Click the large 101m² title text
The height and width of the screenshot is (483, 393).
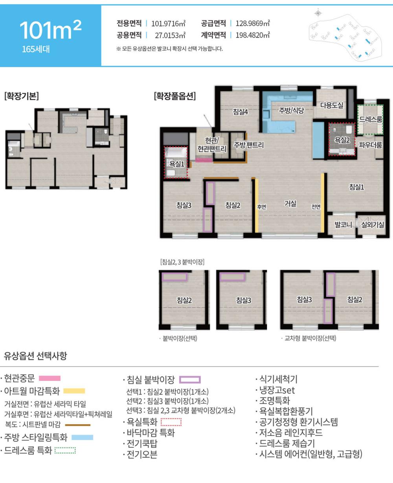coord(50,30)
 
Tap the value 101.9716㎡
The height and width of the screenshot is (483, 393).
coord(168,23)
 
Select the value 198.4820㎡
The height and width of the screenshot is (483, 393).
coord(253,35)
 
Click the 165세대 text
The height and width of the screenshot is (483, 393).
coord(36,49)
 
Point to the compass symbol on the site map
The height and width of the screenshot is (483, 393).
coord(318,13)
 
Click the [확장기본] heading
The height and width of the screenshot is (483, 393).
coord(22,96)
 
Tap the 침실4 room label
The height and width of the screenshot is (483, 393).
coord(240,112)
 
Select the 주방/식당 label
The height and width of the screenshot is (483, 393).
coord(291,110)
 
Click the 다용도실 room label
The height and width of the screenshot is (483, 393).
coord(332,105)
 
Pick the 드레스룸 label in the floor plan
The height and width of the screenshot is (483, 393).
coord(371,119)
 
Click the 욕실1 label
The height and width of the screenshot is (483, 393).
coord(176,164)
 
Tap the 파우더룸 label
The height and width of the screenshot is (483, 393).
coord(370,145)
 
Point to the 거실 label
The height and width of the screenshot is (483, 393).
coord(290,203)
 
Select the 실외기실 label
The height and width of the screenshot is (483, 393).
coord(373,225)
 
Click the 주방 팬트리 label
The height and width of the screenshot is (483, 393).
coord(249,145)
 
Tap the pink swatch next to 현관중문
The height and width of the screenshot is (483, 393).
coord(50,378)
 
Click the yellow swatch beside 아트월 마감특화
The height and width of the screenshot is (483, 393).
coord(74,391)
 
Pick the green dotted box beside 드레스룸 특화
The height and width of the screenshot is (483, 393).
coord(65,450)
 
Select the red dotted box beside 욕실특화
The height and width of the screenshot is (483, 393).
coord(171,422)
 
